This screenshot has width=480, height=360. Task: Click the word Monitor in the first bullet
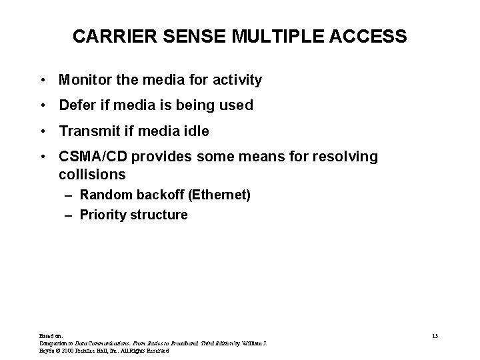click(x=85, y=81)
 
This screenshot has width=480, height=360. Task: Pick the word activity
click(x=236, y=81)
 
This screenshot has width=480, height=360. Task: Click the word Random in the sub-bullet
click(x=102, y=195)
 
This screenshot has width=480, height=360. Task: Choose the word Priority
click(x=100, y=215)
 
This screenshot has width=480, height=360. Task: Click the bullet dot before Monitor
click(x=42, y=81)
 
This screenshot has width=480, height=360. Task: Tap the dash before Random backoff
click(x=69, y=195)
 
